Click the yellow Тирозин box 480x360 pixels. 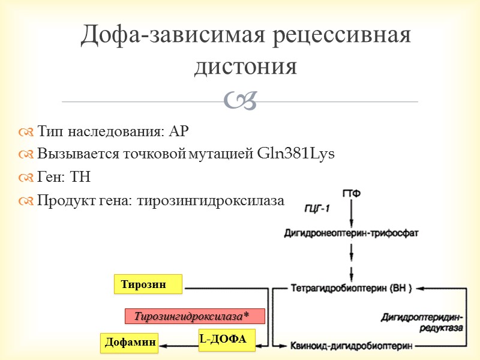[x=148, y=284]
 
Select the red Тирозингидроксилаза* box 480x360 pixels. [x=194, y=316]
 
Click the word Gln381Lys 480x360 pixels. [x=295, y=154]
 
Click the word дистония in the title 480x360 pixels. [x=245, y=66]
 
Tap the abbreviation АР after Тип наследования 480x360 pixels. [x=184, y=131]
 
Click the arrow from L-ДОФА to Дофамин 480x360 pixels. [x=179, y=345]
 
